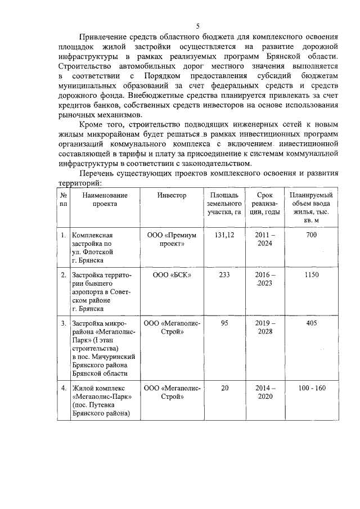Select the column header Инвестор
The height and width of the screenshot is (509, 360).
(x=172, y=195)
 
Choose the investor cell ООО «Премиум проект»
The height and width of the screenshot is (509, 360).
(x=172, y=239)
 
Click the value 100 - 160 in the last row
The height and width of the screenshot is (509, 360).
(x=311, y=388)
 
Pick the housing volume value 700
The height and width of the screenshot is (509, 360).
(x=311, y=235)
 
